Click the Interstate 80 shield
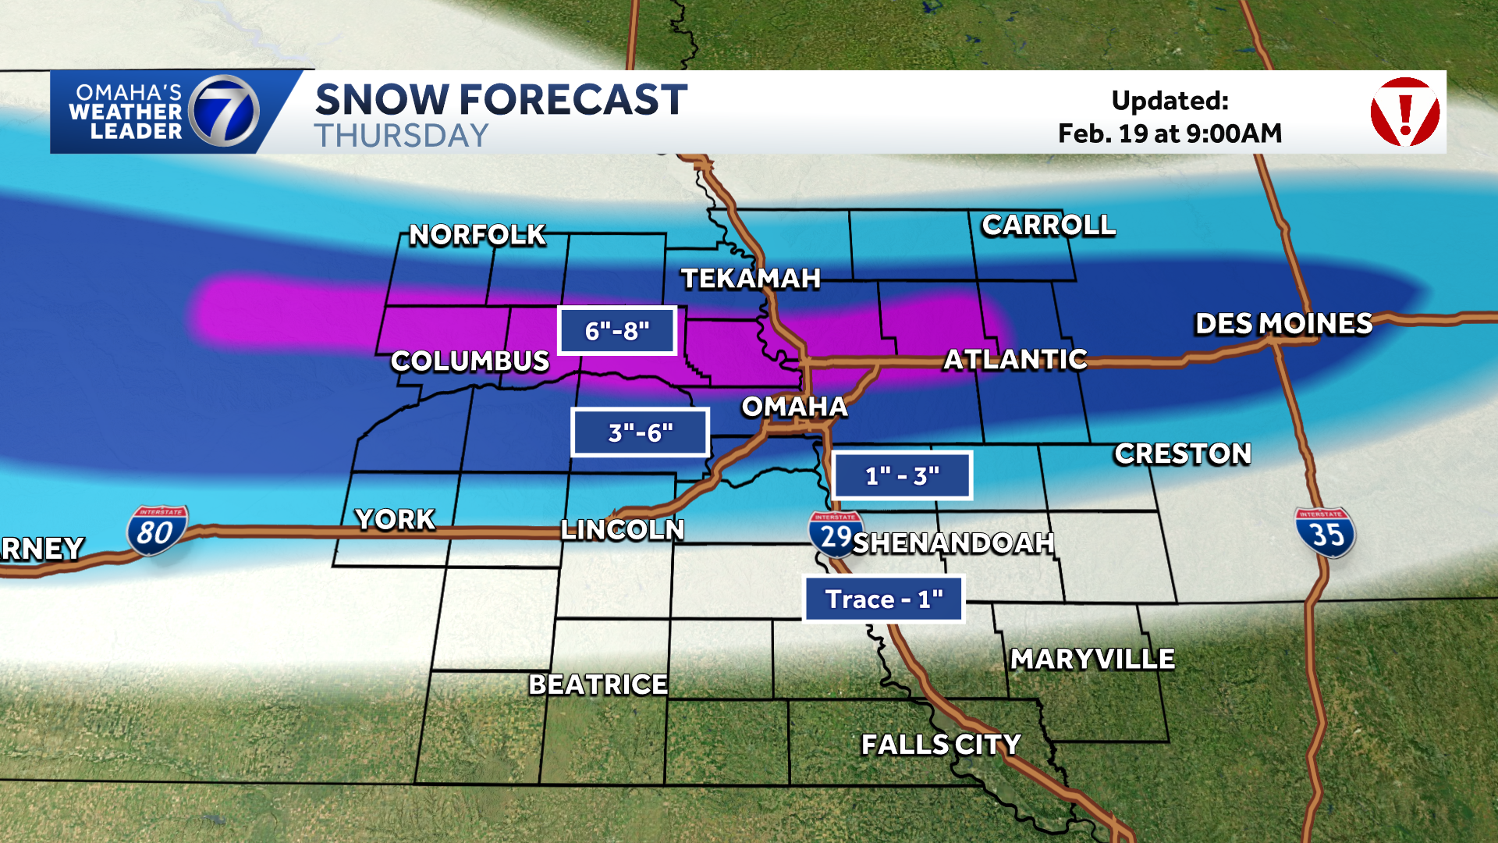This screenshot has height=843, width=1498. [156, 531]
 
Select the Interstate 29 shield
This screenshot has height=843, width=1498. [834, 535]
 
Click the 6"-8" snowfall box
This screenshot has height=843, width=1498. [616, 331]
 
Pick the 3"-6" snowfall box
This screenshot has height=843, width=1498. [640, 432]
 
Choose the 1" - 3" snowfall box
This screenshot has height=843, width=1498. [902, 475]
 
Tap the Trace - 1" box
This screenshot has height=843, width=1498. [883, 599]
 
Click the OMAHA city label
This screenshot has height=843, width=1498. [793, 407]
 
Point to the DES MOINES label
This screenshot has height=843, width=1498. [1283, 323]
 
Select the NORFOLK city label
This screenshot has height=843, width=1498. [477, 234]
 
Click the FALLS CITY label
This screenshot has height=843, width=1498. [940, 744]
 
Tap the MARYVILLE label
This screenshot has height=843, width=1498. [1092, 659]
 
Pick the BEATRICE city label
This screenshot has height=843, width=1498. [598, 685]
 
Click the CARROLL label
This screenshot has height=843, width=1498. [1048, 225]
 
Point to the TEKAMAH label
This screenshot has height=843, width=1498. [750, 278]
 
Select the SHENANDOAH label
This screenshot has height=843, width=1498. [953, 542]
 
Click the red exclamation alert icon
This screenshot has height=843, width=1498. [1404, 112]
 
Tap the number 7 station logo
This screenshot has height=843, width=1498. [225, 112]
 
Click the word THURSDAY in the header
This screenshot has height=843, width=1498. [401, 136]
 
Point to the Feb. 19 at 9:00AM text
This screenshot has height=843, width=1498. [1169, 133]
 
